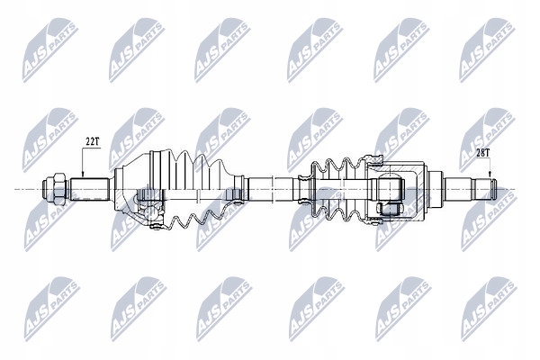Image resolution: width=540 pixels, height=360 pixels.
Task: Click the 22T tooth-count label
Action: tap(92, 141)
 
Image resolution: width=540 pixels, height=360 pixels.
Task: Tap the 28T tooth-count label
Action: tap(483, 153)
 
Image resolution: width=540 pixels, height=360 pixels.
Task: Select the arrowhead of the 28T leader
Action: tap(491, 179)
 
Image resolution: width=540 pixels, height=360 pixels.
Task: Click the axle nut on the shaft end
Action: tap(52, 189)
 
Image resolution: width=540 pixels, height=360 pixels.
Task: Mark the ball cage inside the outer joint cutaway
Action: tap(148, 210)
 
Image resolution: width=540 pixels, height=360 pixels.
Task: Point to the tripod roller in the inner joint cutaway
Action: tap(388, 208)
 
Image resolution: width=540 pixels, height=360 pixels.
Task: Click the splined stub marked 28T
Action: tap(469, 189)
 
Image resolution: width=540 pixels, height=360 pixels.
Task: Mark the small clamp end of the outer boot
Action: tap(241, 187)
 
